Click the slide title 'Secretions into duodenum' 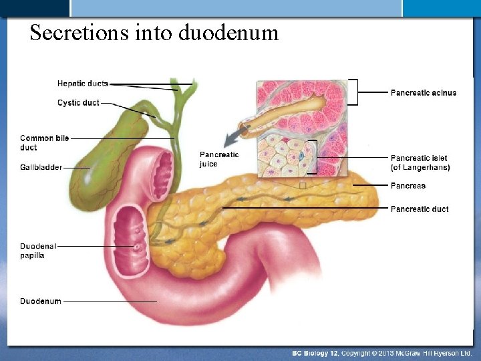[x=154, y=32]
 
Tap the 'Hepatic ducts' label [x=82, y=84]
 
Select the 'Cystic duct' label [x=78, y=103]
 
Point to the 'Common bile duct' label [x=44, y=142]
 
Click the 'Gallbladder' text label [x=41, y=167]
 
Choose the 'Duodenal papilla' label [x=37, y=251]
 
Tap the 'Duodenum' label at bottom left [x=40, y=302]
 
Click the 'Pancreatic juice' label [x=218, y=159]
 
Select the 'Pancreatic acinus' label [x=423, y=92]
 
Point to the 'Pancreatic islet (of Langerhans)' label [x=420, y=162]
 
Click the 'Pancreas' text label [x=408, y=186]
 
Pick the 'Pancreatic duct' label [x=419, y=209]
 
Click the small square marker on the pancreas [x=303, y=186]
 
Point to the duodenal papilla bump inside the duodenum [x=136, y=247]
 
